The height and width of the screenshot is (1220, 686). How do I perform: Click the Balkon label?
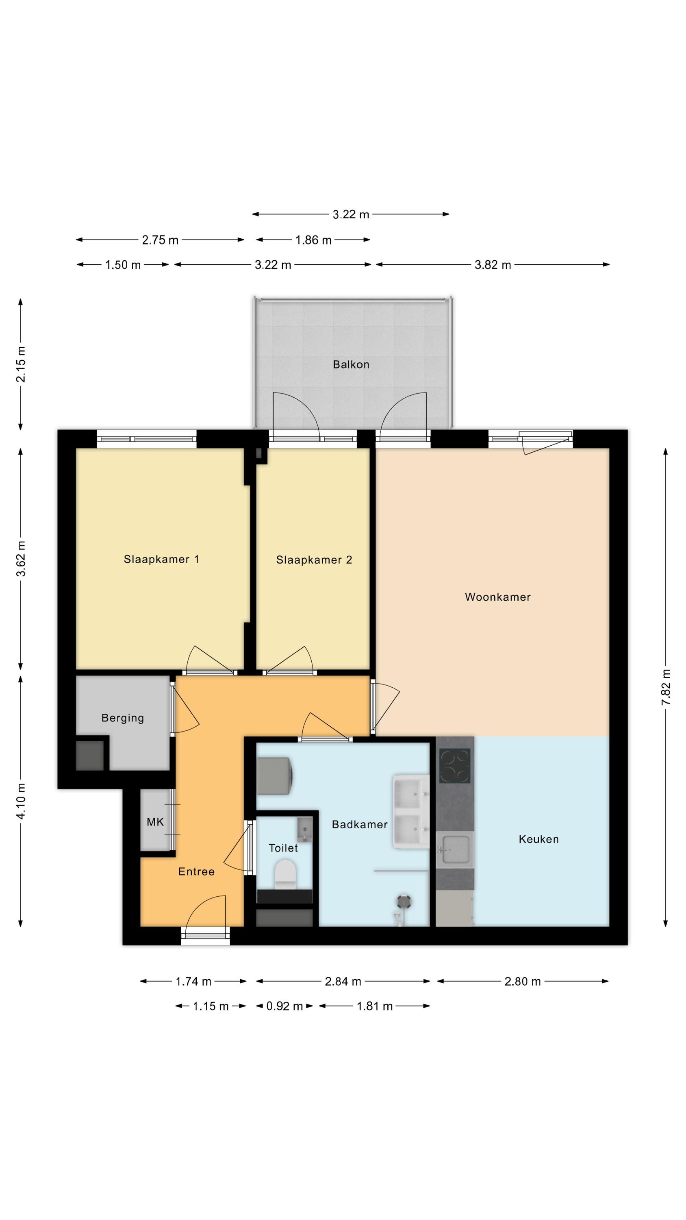(351, 364)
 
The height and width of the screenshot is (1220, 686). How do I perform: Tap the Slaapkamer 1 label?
(161, 559)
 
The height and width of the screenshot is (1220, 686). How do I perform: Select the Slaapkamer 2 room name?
(314, 560)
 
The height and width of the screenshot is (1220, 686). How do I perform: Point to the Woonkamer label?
(497, 597)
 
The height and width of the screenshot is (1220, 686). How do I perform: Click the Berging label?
(123, 718)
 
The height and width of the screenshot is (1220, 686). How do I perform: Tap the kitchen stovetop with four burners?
(454, 766)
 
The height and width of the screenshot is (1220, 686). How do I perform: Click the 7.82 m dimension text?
(666, 687)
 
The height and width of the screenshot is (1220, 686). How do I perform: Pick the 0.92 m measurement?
(284, 1006)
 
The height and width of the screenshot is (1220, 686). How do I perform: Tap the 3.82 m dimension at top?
(493, 265)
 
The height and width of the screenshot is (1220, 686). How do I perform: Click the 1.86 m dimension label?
(313, 240)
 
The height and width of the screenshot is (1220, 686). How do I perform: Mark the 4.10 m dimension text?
(21, 801)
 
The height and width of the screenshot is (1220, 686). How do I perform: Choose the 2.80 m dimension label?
(522, 982)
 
